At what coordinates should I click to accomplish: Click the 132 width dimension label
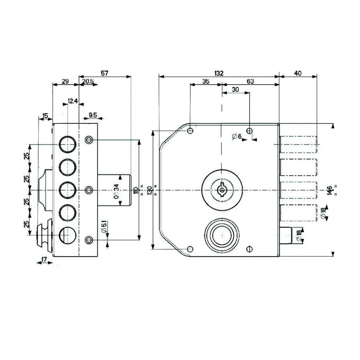click(x=219, y=73)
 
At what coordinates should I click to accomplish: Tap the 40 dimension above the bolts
click(x=298, y=73)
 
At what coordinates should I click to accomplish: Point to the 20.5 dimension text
click(x=87, y=82)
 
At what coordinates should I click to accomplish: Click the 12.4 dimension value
click(x=73, y=101)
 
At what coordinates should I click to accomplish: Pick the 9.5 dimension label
click(x=92, y=115)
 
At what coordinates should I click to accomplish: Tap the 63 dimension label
click(x=251, y=82)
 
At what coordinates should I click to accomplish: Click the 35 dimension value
click(x=206, y=82)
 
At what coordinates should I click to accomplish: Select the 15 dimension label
click(x=45, y=116)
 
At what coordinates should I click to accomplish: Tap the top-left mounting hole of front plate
click(x=191, y=130)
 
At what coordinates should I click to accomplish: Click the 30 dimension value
click(x=236, y=90)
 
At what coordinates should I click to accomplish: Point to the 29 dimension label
click(x=65, y=82)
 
